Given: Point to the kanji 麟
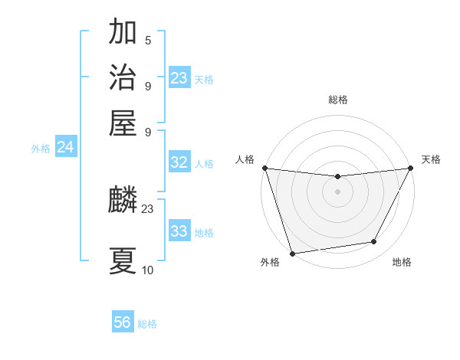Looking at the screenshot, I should pos(123,201).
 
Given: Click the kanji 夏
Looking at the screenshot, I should pos(123,260).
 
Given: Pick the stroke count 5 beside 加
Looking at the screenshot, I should pos(148,41).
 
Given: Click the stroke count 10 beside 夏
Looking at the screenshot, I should pos(148,270).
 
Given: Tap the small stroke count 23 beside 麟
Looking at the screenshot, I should pos(148,208).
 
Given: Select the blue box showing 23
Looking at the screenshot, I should pos(179,78).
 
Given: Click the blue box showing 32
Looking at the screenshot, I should pos(179,162).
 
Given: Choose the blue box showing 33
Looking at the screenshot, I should pos(179,231).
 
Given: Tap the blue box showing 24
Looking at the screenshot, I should pos(65,148).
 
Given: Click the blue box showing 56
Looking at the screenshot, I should pos(123,323).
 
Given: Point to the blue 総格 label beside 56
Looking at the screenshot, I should pos(147,324).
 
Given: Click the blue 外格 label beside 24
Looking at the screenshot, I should pos(40,149).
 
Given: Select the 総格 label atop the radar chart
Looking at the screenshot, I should pos(337,100).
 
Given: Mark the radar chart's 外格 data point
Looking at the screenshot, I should pos(292,253).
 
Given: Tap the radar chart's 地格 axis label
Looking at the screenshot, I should pos(402,262).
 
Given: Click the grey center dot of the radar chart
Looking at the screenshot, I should pos(337,191).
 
